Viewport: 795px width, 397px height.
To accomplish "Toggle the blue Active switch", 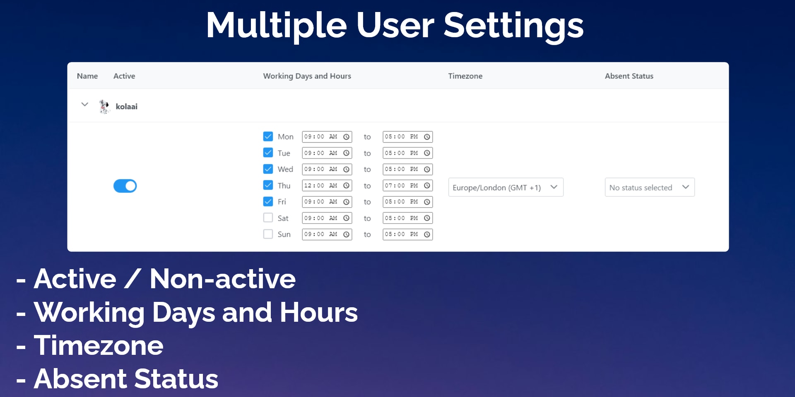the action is pos(125,186).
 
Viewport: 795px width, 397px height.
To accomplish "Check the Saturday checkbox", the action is pos(268,218).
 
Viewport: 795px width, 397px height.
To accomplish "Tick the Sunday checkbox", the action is pos(268,234).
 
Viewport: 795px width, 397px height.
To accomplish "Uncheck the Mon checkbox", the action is pos(268,136).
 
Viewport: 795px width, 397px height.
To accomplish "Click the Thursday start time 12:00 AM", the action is pos(327,186).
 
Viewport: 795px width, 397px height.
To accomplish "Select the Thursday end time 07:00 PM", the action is pos(408,186).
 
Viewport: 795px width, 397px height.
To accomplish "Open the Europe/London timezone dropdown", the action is pos(506,187).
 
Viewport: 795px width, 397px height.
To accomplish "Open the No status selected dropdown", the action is pos(650,187).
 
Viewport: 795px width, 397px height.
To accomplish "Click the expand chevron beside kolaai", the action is pos(85,105).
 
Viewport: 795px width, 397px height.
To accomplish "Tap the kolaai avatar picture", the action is pos(104,106).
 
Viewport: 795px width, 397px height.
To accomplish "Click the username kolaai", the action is pos(127,107).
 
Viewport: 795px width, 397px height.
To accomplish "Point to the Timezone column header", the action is pos(465,76).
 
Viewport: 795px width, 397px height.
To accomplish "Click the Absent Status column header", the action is pos(629,76).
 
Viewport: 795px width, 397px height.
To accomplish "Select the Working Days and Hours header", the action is pos(307,76).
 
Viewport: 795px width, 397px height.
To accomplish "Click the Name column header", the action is pos(87,76).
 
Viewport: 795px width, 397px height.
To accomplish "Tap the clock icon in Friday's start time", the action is pos(347,202).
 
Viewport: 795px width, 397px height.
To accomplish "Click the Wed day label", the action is pos(285,169).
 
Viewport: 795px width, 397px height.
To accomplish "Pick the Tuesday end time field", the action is pos(408,153).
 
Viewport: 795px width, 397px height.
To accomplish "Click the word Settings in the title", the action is pos(513,26).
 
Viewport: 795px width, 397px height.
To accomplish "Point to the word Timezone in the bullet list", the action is pos(99,346).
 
